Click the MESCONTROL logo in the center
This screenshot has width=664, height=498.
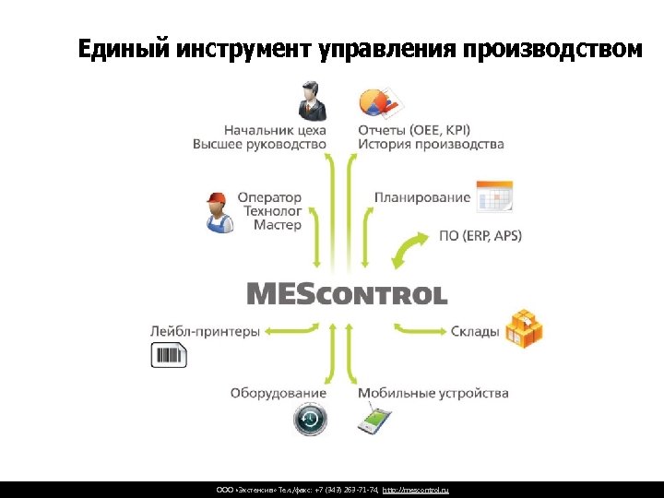click(x=347, y=294)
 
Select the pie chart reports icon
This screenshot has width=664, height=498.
click(x=377, y=101)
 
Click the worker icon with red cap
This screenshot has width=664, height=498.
click(x=218, y=212)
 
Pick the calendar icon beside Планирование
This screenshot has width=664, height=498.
click(x=494, y=196)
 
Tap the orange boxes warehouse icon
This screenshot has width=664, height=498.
click(x=523, y=327)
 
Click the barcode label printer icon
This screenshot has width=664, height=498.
click(x=169, y=355)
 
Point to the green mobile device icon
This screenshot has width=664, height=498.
click(x=376, y=420)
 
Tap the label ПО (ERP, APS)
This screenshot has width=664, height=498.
click(x=480, y=235)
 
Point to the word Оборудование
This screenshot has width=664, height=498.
click(x=278, y=394)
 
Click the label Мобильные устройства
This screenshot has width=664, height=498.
click(x=433, y=394)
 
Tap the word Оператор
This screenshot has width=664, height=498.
click(x=269, y=197)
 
